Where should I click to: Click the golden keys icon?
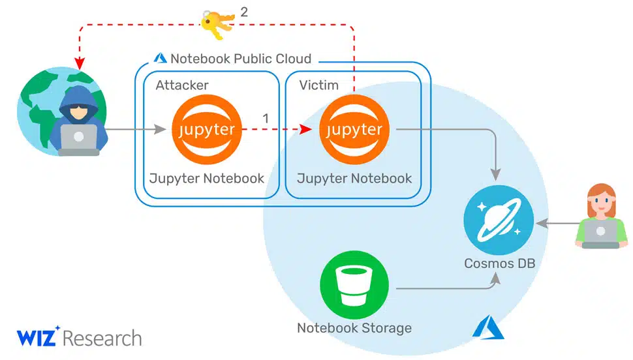tap(217, 24)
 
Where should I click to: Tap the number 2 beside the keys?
tap(244, 12)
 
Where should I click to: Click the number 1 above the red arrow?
tap(265, 118)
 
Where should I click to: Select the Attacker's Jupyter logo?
tap(207, 129)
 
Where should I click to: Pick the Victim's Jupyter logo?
tap(354, 129)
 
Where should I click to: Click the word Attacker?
tap(182, 85)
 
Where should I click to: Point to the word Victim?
tap(318, 85)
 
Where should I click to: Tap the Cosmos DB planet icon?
tap(499, 220)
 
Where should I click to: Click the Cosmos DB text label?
tap(499, 263)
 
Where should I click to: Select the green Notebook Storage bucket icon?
tap(354, 285)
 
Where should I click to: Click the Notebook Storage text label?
tap(354, 327)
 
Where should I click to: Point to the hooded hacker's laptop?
tap(79, 140)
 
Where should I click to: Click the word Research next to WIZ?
tap(102, 338)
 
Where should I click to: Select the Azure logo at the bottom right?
tap(488, 327)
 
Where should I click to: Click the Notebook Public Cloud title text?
tap(241, 59)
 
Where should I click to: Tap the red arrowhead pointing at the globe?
tap(80, 63)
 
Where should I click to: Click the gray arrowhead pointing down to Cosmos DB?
tap(496, 174)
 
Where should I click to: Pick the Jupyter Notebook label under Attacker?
tap(206, 179)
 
